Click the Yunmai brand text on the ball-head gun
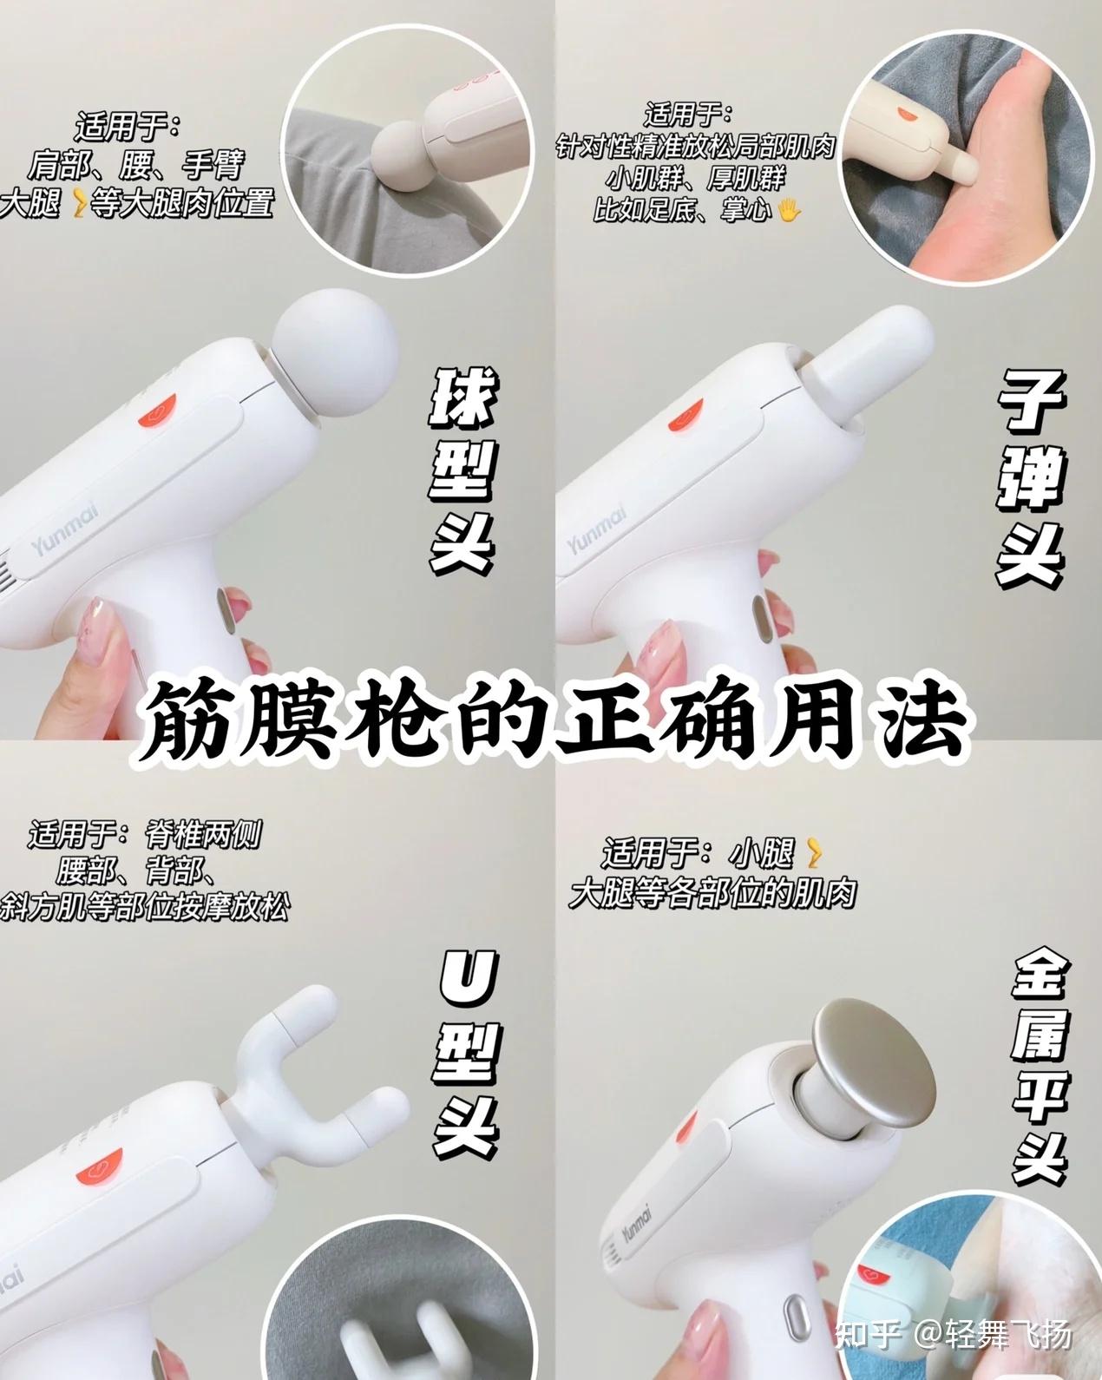pos(65,529)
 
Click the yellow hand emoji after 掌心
pos(789,210)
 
